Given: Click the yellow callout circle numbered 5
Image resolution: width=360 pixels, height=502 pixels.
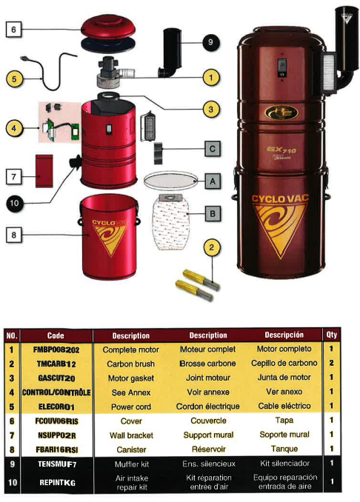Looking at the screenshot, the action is click(x=14, y=79).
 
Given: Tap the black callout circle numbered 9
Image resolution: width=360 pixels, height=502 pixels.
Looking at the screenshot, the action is click(x=210, y=42).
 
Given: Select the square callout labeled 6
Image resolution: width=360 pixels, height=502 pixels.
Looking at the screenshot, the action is click(x=14, y=30).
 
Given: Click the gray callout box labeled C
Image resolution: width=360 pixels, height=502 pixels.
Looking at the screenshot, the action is click(x=213, y=149).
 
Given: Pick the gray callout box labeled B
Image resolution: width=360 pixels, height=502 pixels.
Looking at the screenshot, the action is click(x=213, y=213).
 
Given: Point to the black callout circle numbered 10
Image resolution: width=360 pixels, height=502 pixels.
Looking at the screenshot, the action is click(x=14, y=204).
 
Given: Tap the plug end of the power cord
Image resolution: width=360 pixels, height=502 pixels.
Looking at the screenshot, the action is click(x=24, y=58).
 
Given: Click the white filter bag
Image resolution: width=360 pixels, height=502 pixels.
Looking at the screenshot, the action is click(x=171, y=221).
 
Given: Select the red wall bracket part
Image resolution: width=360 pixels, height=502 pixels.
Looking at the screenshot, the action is click(x=44, y=171).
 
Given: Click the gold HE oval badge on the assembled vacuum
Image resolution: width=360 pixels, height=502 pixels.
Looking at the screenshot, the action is click(x=281, y=112).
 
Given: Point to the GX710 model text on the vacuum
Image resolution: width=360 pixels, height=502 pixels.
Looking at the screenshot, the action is click(x=281, y=150).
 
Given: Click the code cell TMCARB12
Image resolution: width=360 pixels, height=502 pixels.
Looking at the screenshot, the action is click(x=56, y=364).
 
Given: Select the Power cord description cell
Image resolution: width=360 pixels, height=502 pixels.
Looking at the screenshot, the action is click(x=131, y=407).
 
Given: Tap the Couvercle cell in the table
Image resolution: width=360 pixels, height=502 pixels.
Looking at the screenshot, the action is click(x=208, y=421).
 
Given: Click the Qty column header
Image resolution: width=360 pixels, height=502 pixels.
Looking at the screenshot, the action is click(x=332, y=335).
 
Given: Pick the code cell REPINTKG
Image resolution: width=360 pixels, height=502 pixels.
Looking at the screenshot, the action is click(x=57, y=483).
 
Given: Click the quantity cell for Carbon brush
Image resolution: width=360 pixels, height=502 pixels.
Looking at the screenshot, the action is click(x=332, y=363).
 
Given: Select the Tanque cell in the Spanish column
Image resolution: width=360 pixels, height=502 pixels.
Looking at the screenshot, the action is click(x=284, y=449).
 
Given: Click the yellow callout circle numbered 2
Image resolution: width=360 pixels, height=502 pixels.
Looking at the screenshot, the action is click(x=211, y=247).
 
